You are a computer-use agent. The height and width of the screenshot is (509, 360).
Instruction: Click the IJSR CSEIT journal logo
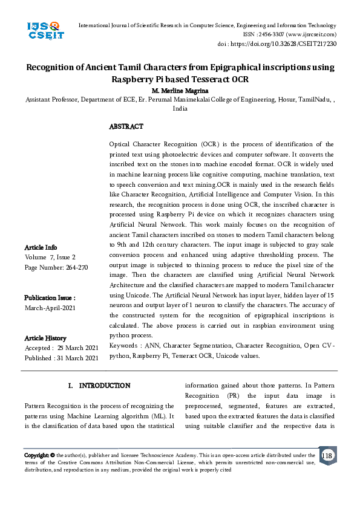pos(45,31)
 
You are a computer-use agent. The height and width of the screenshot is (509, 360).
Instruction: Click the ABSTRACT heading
pos(126,127)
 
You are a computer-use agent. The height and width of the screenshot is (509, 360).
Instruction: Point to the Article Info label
pos(41,247)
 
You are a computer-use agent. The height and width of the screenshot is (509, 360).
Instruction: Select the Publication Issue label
pos(50,298)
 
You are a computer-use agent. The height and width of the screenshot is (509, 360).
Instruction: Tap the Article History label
pos(45,338)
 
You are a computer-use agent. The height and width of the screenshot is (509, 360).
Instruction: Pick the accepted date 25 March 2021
pos(77,348)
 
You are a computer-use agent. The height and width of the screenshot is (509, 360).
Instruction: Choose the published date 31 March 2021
pos(78,358)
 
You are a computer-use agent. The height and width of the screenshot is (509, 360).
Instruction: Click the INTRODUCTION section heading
pos(104,385)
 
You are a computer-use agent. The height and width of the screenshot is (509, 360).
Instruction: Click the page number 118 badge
pos(327,455)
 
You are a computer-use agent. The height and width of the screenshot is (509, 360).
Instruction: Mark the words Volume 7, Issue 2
pos(58,258)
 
